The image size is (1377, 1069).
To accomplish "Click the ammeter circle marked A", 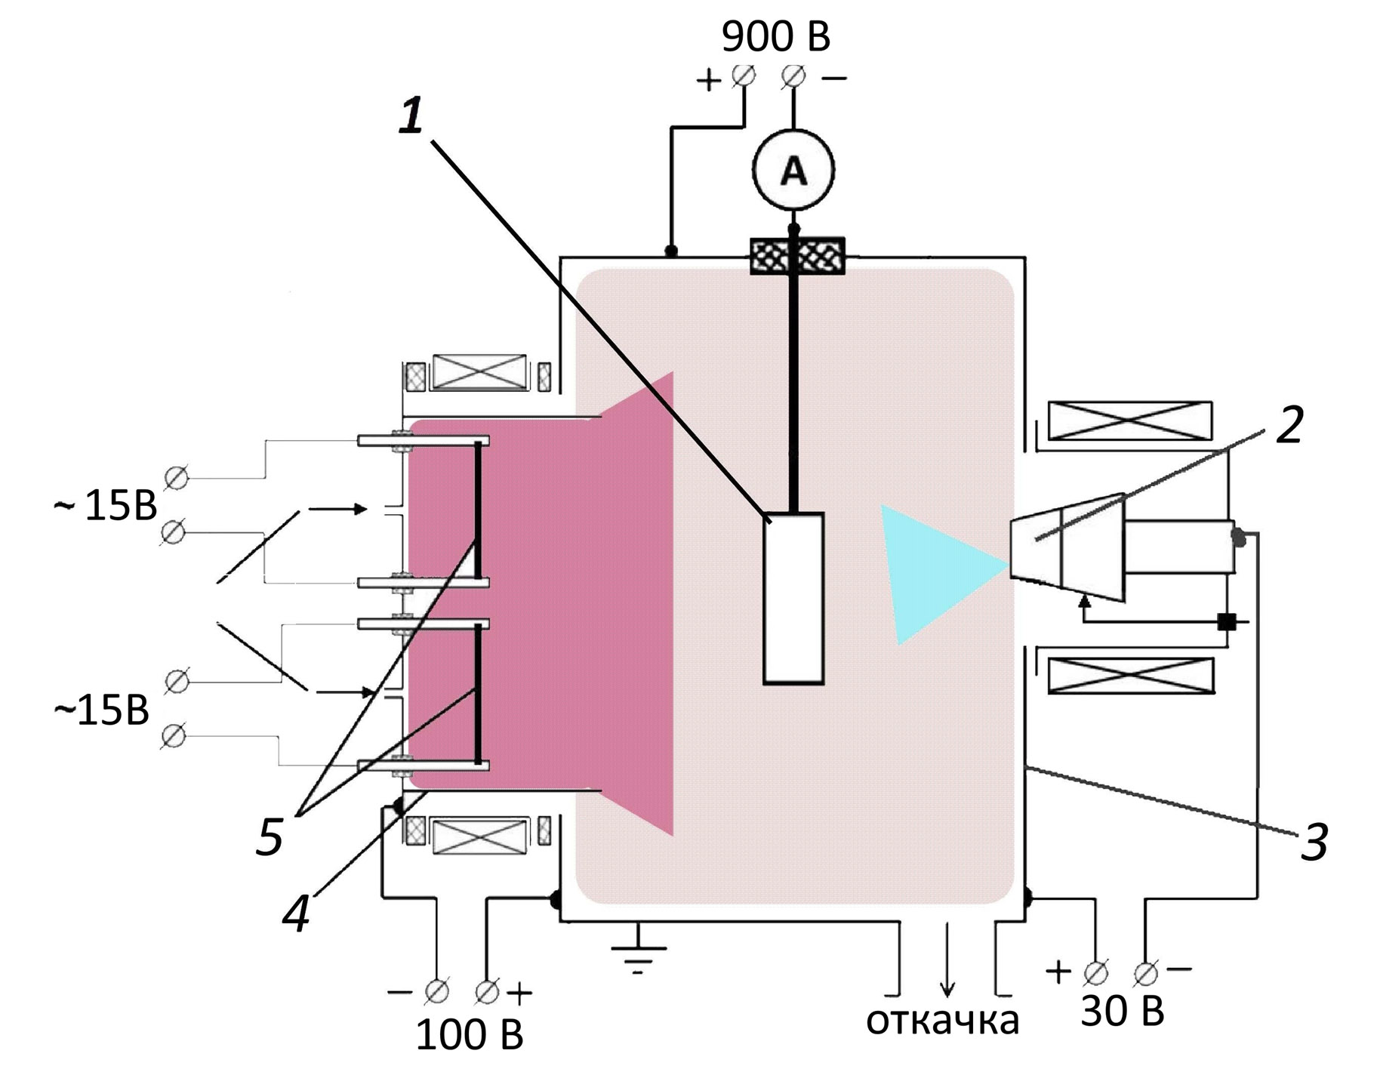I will tap(793, 170).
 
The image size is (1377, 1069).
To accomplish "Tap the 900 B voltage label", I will tap(775, 36).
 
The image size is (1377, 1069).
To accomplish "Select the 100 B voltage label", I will tap(469, 1034).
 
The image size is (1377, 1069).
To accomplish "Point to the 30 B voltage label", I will tap(1122, 1011).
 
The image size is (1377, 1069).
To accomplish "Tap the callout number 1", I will tap(411, 117).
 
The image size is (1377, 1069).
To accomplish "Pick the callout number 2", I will tap(1289, 425).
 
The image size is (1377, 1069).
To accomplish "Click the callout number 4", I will tap(296, 914).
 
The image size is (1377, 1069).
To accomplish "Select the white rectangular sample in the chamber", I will tap(793, 598).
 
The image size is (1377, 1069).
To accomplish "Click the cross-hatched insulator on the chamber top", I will tap(796, 255).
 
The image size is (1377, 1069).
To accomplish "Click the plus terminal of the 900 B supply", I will tap(744, 75).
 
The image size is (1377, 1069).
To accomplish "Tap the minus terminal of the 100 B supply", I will tap(436, 991).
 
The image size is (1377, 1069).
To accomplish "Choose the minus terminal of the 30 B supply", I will tap(1145, 974).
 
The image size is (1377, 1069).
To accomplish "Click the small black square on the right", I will tap(1227, 622).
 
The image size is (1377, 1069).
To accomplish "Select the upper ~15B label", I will tap(106, 505).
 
